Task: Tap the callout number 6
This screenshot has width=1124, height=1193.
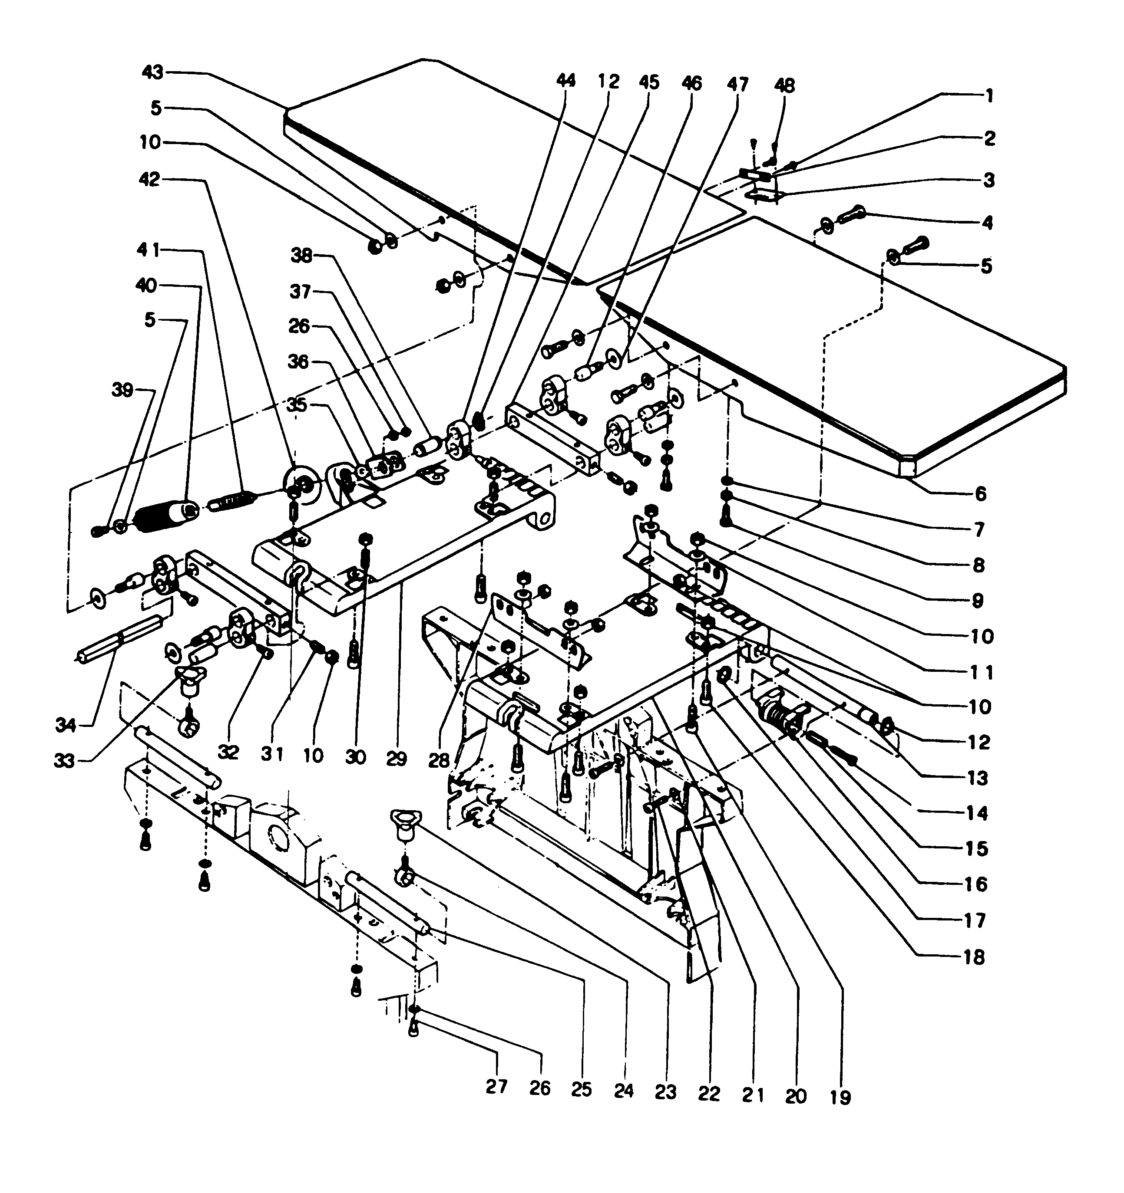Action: point(980,494)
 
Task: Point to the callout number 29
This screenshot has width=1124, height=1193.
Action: point(396,759)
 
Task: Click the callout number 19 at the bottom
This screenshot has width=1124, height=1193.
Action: point(840,1098)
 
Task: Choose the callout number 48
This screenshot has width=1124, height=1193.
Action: point(784,86)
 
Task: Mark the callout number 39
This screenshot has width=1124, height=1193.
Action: point(122,390)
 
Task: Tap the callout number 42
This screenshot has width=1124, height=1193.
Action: point(149,179)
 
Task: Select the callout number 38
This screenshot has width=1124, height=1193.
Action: point(301,256)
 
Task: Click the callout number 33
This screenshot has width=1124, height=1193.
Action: point(65,761)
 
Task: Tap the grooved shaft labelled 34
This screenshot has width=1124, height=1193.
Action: point(120,640)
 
